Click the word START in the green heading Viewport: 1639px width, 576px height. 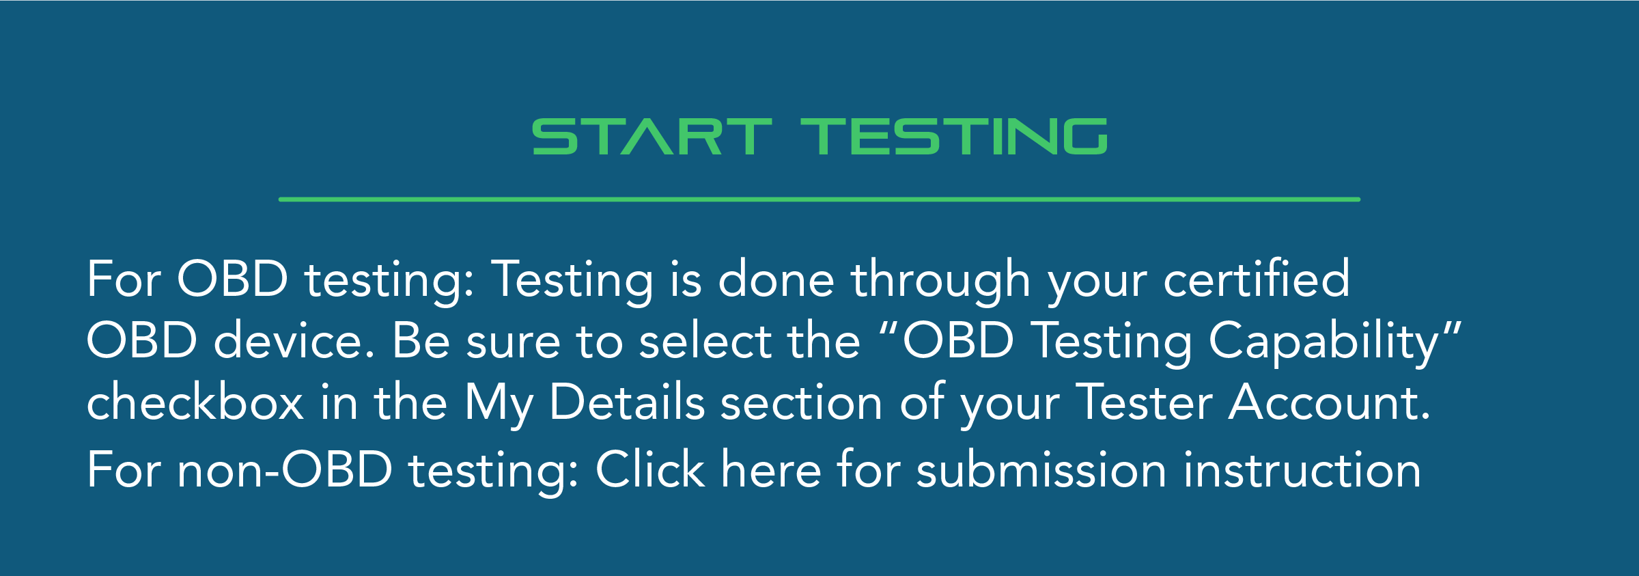652,137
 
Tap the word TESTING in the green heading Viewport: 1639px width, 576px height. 953,137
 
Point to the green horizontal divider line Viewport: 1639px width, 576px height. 819,200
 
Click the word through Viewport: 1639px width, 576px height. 940,280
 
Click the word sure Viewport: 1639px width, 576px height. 512,342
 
